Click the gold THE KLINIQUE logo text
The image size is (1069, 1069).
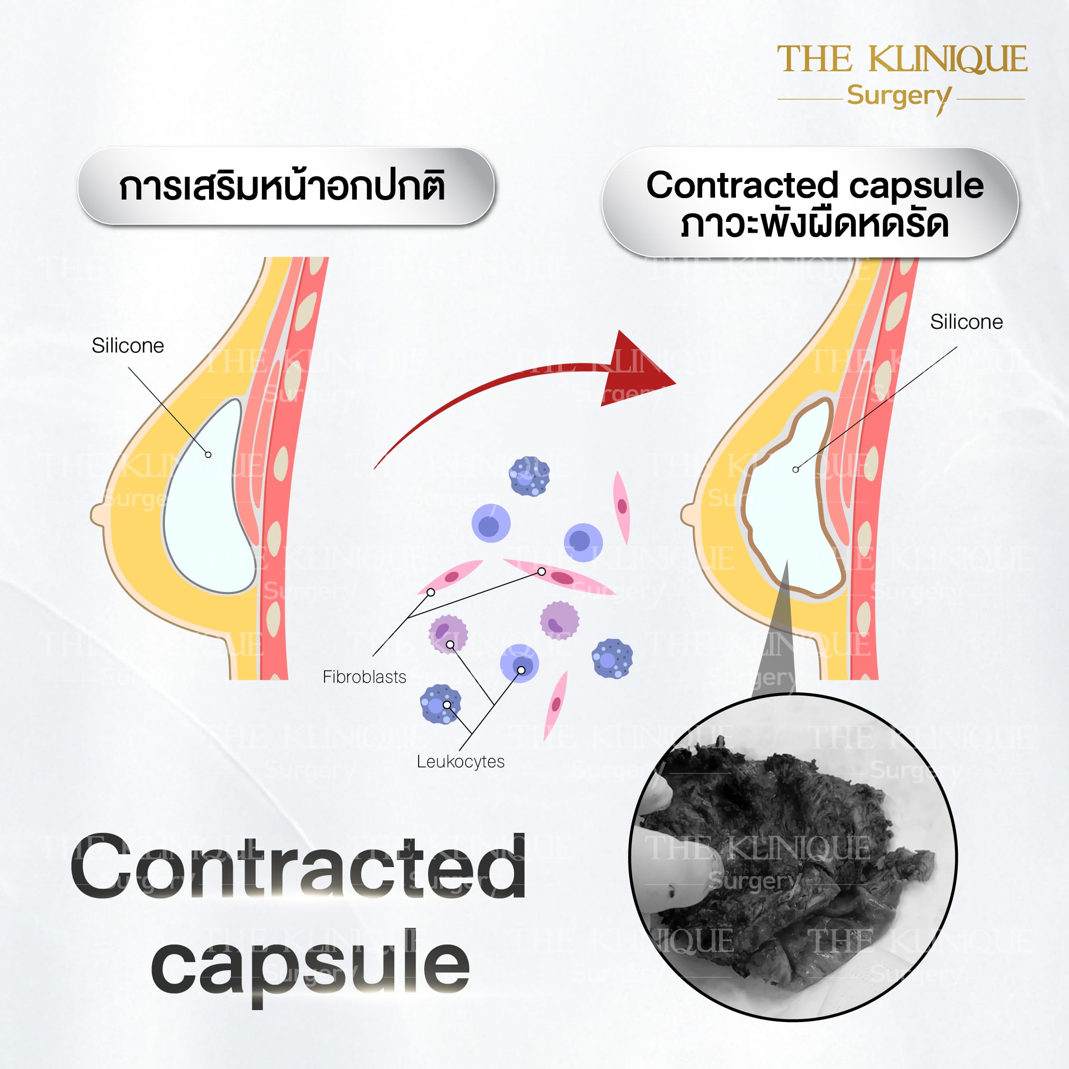(x=902, y=60)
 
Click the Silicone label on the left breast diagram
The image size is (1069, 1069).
(x=128, y=346)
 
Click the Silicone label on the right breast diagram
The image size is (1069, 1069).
(x=966, y=322)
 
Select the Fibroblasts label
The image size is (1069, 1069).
(x=364, y=677)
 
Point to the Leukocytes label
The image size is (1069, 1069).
(x=460, y=762)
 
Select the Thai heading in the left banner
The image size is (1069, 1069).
(x=283, y=187)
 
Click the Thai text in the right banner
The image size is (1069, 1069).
(x=815, y=224)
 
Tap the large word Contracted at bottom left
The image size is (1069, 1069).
(x=299, y=867)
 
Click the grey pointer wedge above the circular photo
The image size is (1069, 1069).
(x=774, y=631)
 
